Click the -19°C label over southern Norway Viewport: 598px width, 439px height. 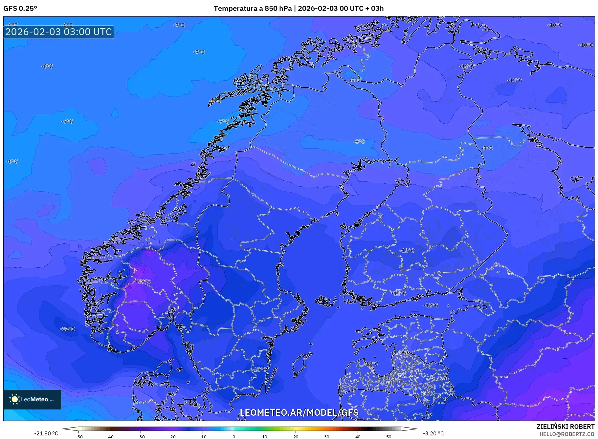[144, 281]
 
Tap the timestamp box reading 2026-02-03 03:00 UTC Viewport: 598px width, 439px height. [59, 32]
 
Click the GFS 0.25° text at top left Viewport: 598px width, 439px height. [20, 9]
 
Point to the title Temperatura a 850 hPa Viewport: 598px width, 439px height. [252, 9]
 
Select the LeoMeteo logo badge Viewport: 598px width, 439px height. [32, 399]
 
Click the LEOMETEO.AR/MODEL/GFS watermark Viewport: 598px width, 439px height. [299, 412]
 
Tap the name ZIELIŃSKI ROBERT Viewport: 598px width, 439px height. [565, 427]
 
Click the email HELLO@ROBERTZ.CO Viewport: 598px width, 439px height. [567, 434]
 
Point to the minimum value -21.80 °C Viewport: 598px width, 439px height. [46, 433]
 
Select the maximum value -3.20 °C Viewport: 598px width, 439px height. [433, 433]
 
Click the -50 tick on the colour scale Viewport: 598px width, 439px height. [79, 436]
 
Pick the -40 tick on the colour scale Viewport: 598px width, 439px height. [110, 436]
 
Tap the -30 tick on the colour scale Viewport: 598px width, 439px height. [141, 436]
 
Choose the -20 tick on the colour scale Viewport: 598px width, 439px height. [172, 436]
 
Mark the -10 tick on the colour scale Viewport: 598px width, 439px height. [203, 436]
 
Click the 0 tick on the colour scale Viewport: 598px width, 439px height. [234, 436]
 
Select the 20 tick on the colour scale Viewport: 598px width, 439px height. [296, 436]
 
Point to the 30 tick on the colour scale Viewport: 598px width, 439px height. [327, 436]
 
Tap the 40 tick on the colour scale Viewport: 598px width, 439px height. [358, 436]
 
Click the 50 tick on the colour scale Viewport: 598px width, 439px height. [388, 436]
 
